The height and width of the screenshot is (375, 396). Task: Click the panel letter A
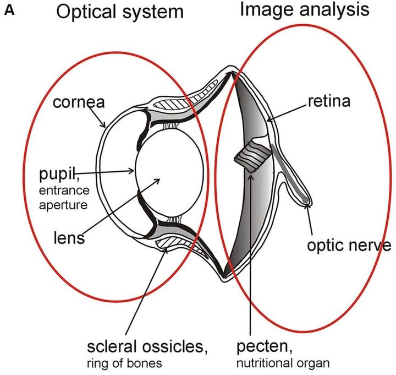click(x=10, y=10)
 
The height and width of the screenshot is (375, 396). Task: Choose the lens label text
click(x=68, y=238)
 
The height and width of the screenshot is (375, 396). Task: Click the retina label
click(x=331, y=101)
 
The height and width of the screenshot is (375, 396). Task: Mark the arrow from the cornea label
click(x=97, y=116)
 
